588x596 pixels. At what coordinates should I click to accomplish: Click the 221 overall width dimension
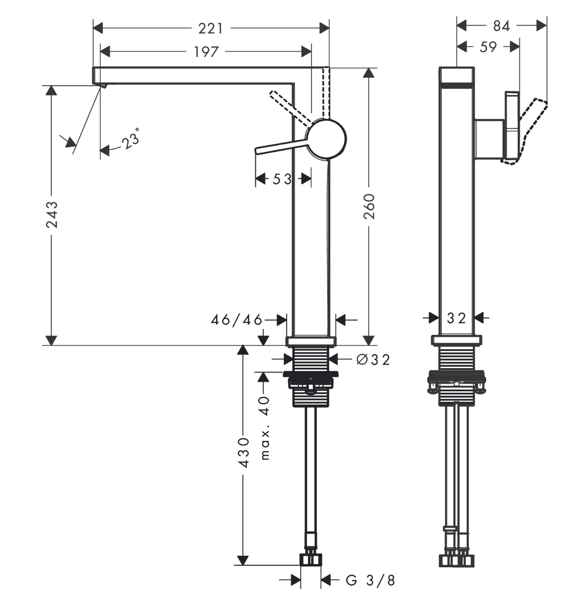[210, 29]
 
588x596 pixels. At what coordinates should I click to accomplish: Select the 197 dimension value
[206, 52]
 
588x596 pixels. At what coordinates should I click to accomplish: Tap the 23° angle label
[131, 139]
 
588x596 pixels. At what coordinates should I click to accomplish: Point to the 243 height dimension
[52, 214]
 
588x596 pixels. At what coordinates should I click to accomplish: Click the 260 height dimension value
[369, 207]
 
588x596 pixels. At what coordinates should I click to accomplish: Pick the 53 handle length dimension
[282, 179]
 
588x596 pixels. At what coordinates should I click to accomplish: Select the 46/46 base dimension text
[236, 320]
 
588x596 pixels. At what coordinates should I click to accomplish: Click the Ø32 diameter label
[373, 359]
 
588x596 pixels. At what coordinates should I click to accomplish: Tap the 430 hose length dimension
[244, 452]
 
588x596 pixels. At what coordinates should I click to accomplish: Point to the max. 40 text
[264, 427]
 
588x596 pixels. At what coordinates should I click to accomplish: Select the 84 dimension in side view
[501, 26]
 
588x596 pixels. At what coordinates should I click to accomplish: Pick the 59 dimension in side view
[488, 47]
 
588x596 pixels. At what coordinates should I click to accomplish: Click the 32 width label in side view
[456, 318]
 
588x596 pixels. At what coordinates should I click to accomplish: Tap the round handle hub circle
[327, 139]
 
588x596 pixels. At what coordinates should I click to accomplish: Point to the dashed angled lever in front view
[289, 107]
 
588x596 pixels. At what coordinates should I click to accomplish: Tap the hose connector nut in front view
[310, 559]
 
